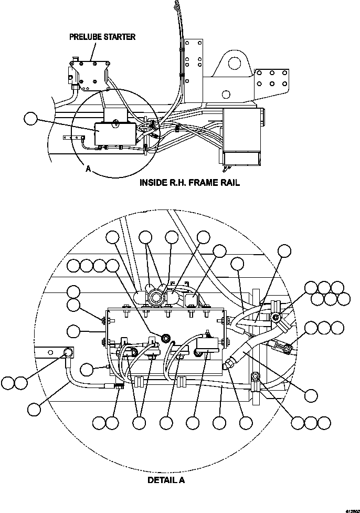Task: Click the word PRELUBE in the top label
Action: coord(85,37)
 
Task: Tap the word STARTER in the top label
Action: coord(119,37)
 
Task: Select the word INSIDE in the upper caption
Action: coord(153,183)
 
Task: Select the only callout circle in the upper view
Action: coord(31,119)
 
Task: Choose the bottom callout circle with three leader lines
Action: coord(139,423)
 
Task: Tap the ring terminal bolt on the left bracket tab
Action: coord(67,353)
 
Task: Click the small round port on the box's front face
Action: coord(166,337)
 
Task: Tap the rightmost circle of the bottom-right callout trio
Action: coord(324,423)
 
